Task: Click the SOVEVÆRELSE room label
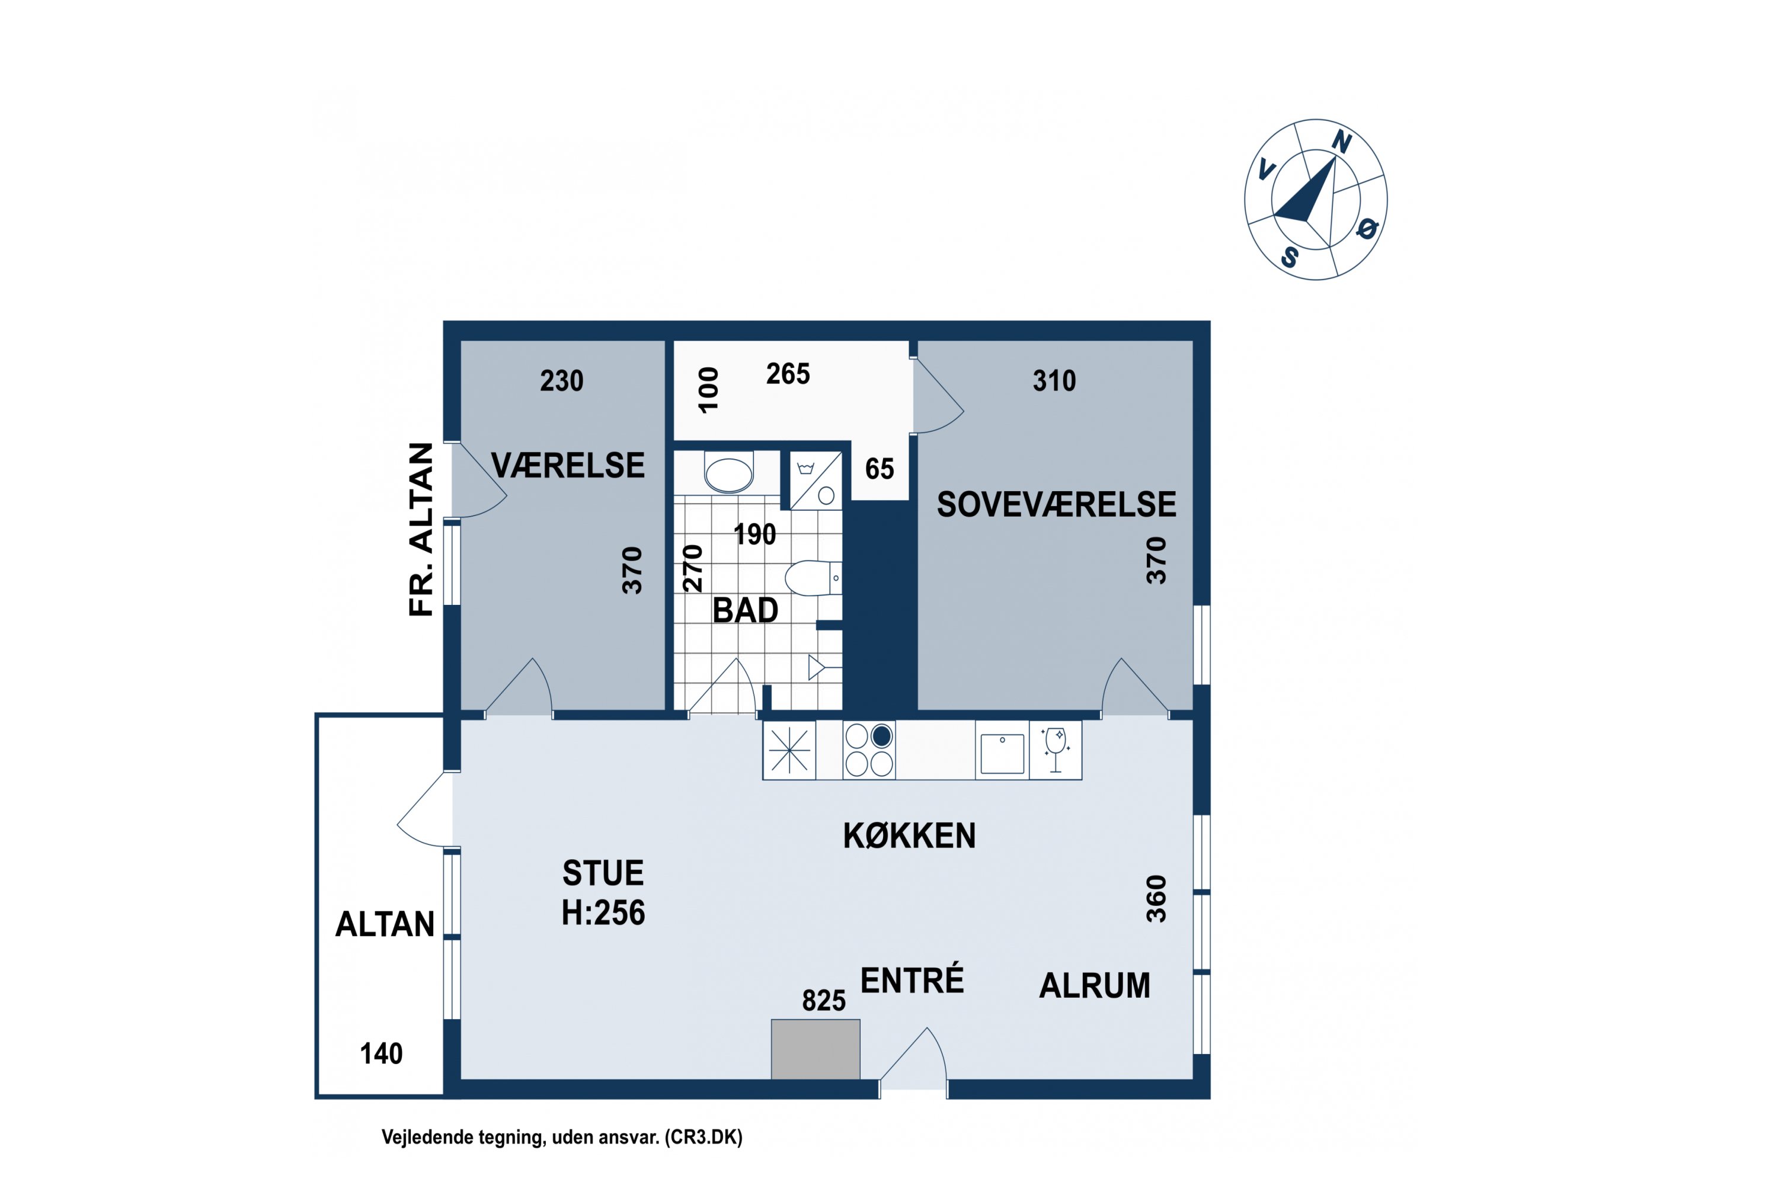point(1056,504)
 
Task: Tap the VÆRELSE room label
point(568,465)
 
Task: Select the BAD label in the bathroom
point(746,610)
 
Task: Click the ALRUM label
point(1095,985)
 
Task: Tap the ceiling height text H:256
point(603,913)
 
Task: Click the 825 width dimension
point(824,1001)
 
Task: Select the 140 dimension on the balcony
point(381,1053)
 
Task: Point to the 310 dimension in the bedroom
point(1054,381)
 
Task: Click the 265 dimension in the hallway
point(788,374)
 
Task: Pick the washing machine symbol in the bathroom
point(817,481)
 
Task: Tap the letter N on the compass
point(1342,142)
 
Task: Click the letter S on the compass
point(1290,258)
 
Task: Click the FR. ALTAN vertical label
point(421,530)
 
